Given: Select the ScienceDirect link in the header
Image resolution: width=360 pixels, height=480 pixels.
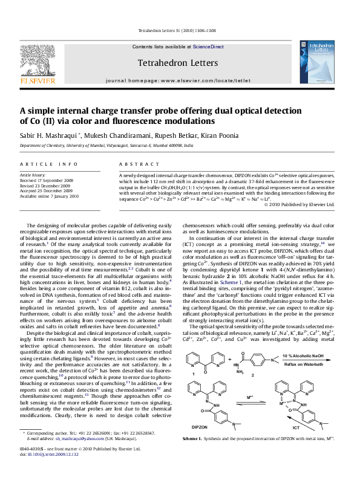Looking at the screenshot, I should pos(209,47).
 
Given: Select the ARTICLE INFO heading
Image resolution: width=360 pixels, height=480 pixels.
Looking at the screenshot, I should pos(49,164).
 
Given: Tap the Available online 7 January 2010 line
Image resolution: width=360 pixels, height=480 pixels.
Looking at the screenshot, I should pos(49,196).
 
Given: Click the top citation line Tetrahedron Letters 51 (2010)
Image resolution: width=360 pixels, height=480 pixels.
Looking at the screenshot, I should pos(180,30).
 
